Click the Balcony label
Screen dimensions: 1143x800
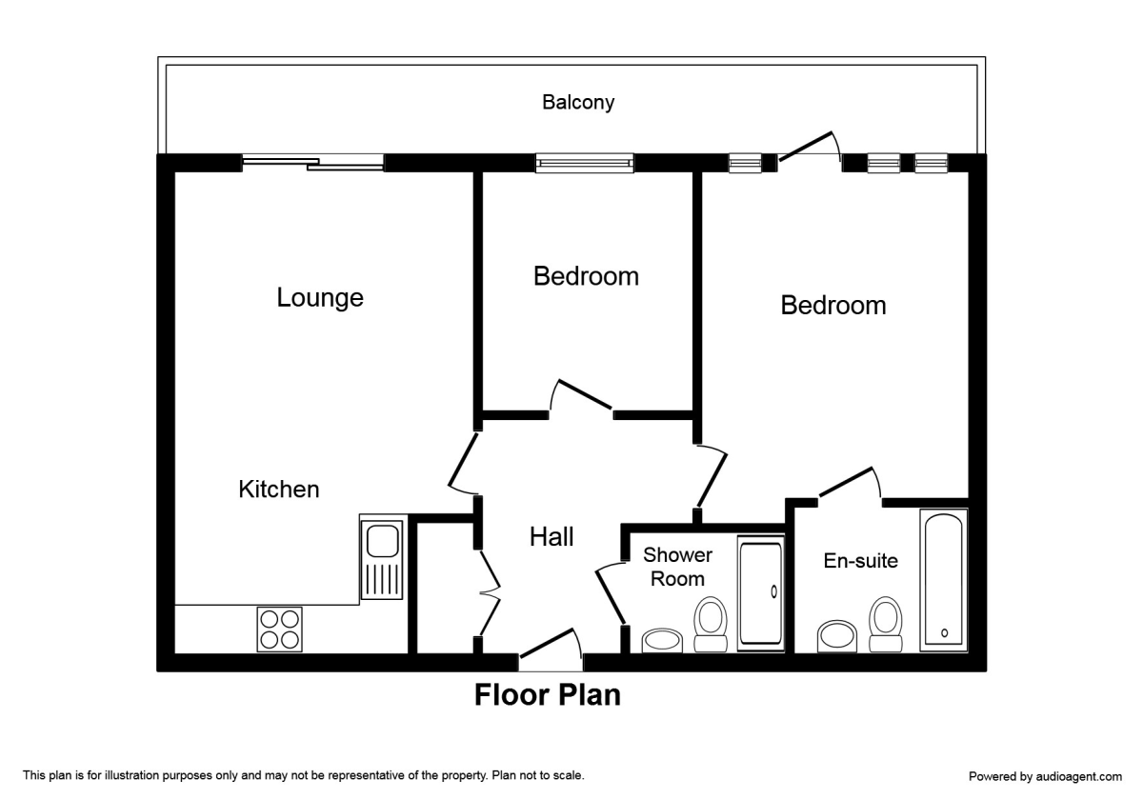(578, 103)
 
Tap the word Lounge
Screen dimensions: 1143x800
(320, 297)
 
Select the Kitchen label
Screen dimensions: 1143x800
(278, 490)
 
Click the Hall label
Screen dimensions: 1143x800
(551, 537)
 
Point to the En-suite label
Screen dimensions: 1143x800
(861, 561)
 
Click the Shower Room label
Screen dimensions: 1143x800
(677, 567)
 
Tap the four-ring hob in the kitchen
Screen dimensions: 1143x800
(280, 630)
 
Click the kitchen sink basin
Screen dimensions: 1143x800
(383, 541)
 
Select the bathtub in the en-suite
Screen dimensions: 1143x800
(944, 580)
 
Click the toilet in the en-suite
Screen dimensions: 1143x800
(885, 625)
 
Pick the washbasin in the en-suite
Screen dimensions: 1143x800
(837, 636)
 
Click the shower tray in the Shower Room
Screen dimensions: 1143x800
(761, 592)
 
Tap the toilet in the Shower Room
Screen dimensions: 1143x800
(711, 625)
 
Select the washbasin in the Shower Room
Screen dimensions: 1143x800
(662, 640)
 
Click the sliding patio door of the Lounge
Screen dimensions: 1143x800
(312, 162)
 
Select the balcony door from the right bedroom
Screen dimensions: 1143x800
(810, 147)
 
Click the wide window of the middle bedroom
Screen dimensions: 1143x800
(584, 163)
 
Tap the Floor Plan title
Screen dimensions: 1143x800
(548, 695)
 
